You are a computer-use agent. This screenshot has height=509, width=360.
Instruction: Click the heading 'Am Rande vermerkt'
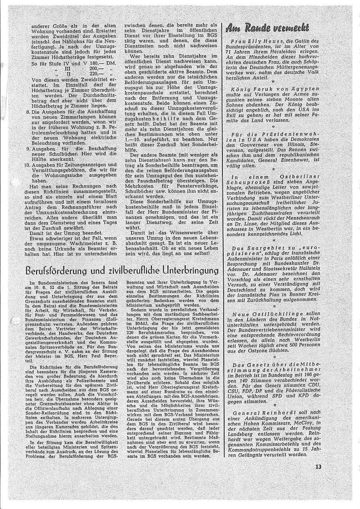(267, 28)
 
